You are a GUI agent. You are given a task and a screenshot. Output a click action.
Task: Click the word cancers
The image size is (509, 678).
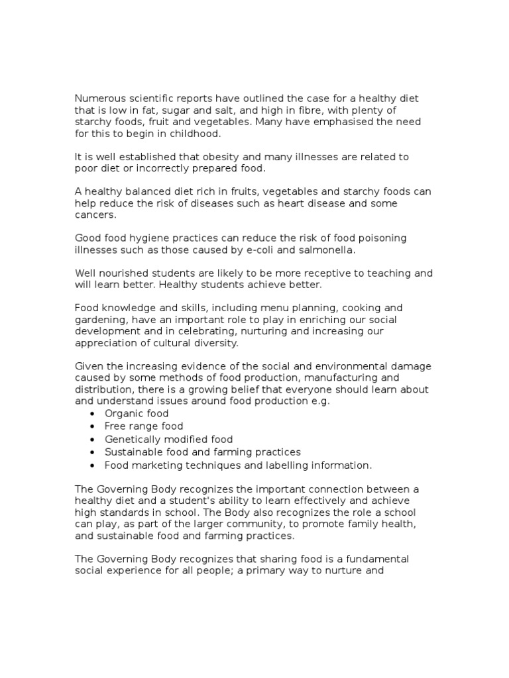95,215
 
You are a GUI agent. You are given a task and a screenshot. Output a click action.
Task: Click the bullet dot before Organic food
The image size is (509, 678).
92,414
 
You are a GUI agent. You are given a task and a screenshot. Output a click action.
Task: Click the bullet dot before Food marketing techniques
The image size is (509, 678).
92,465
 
